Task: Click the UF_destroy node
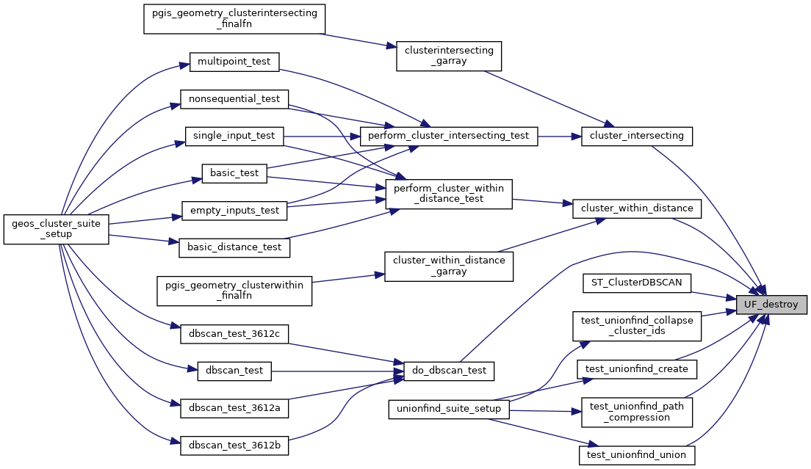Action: [x=771, y=304]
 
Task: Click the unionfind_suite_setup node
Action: [x=449, y=409]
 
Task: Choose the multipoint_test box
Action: [x=234, y=61]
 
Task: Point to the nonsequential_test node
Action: [x=234, y=98]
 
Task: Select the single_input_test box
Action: [x=234, y=136]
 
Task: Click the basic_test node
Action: [x=234, y=173]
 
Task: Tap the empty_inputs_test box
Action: [x=234, y=211]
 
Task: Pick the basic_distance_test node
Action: [x=234, y=247]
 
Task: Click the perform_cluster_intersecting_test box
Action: [x=448, y=136]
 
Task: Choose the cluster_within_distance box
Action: [x=636, y=208]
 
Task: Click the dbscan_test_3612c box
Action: [x=234, y=334]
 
